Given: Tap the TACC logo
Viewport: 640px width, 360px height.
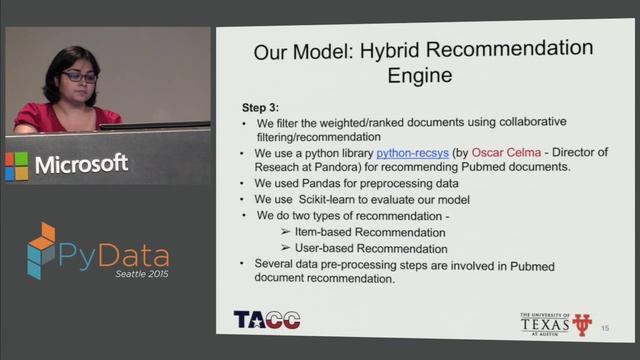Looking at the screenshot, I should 266,320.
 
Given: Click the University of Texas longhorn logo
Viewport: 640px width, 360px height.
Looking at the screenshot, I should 582,324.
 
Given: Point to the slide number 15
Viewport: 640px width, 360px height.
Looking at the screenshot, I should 604,327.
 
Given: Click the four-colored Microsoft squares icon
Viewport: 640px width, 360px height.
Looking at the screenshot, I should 17,164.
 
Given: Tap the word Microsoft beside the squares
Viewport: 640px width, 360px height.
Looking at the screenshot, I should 82,164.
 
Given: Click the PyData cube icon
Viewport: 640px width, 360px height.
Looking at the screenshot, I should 42,250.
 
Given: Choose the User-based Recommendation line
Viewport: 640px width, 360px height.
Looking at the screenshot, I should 372,248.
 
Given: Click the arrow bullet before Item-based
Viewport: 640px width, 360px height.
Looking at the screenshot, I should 285,232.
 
